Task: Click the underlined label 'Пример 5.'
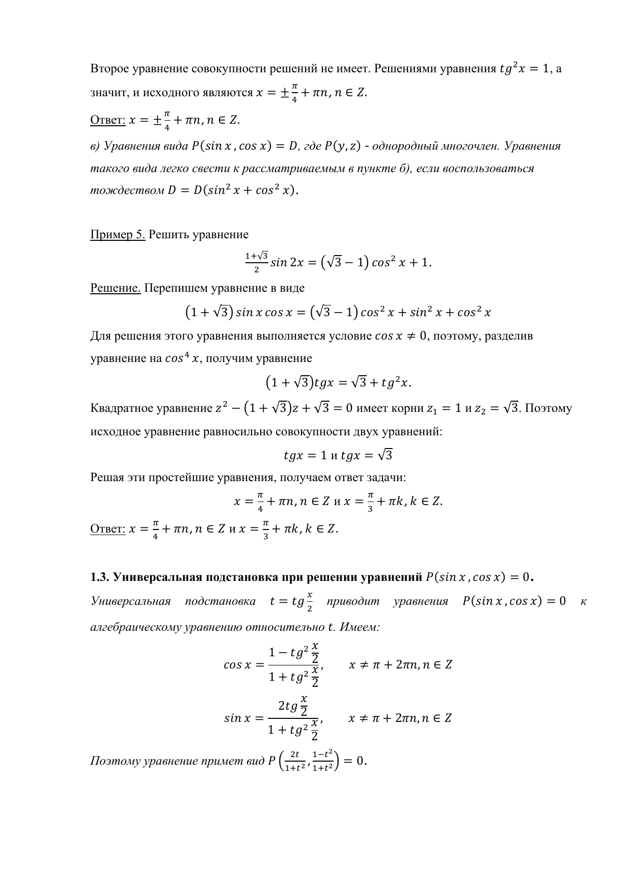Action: click(118, 235)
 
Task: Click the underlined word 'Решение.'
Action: click(115, 288)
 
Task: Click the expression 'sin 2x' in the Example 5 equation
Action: click(287, 263)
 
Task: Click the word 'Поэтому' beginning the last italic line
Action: click(116, 761)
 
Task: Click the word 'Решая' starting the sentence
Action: click(107, 478)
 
